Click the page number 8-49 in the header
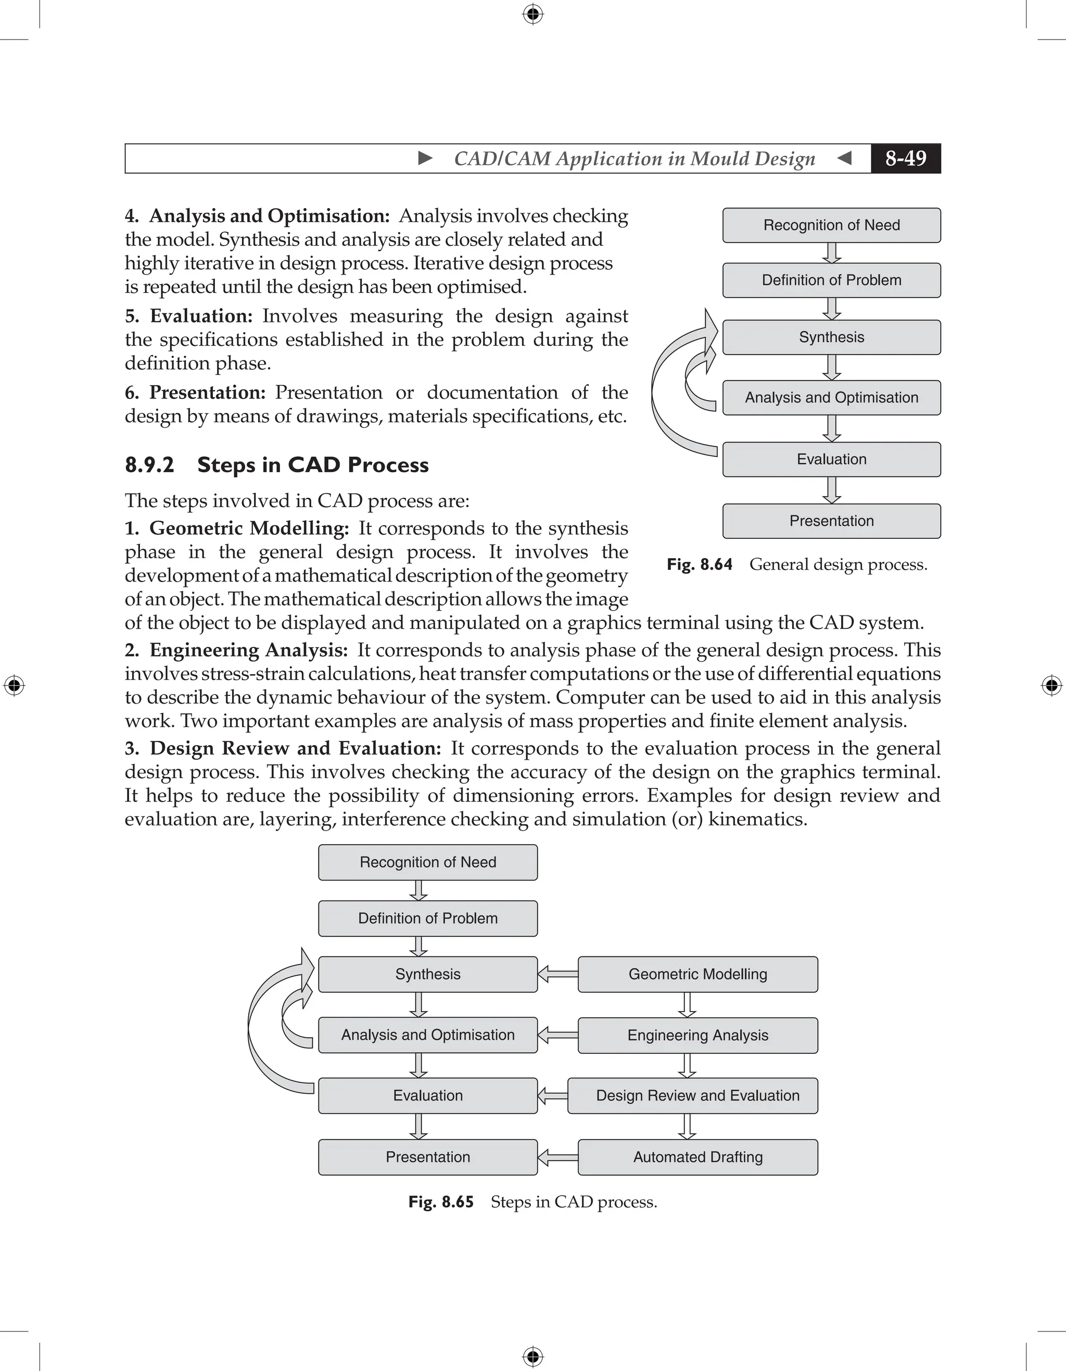coord(905,158)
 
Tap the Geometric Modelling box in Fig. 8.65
coord(697,974)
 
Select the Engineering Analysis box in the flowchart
coord(697,1035)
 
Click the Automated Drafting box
coord(697,1157)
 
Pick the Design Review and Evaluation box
coord(692,1095)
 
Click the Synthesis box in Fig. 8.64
coord(831,337)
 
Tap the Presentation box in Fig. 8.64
coord(831,521)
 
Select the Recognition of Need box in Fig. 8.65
coord(428,862)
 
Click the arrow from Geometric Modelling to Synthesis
coord(557,974)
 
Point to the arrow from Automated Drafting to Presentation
coord(557,1157)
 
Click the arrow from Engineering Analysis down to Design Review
coord(687,1065)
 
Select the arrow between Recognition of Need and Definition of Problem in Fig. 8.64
coord(832,253)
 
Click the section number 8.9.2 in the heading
coord(149,465)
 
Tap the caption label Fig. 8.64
coord(699,564)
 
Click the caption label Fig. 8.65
coord(440,1201)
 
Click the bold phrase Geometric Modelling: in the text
coord(249,528)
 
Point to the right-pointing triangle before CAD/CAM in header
coord(425,158)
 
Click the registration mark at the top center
coord(532,14)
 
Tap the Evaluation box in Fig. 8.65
coord(428,1095)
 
